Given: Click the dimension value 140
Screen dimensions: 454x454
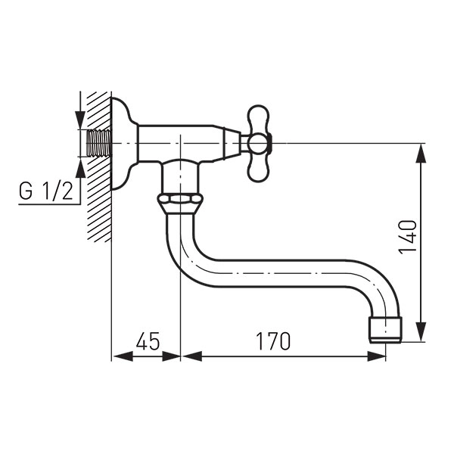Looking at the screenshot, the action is (408, 237).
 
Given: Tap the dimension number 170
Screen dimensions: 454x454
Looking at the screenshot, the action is (273, 340).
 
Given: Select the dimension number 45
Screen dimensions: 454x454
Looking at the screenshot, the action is (148, 340).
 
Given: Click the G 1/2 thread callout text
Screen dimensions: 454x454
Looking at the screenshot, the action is (45, 191).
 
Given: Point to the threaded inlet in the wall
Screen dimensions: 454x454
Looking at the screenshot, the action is (99, 143).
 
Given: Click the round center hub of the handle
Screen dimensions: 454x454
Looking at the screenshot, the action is (257, 144).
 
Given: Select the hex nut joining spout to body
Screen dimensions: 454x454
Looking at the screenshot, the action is (180, 203).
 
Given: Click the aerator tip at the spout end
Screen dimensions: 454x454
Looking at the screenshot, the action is (386, 329).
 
